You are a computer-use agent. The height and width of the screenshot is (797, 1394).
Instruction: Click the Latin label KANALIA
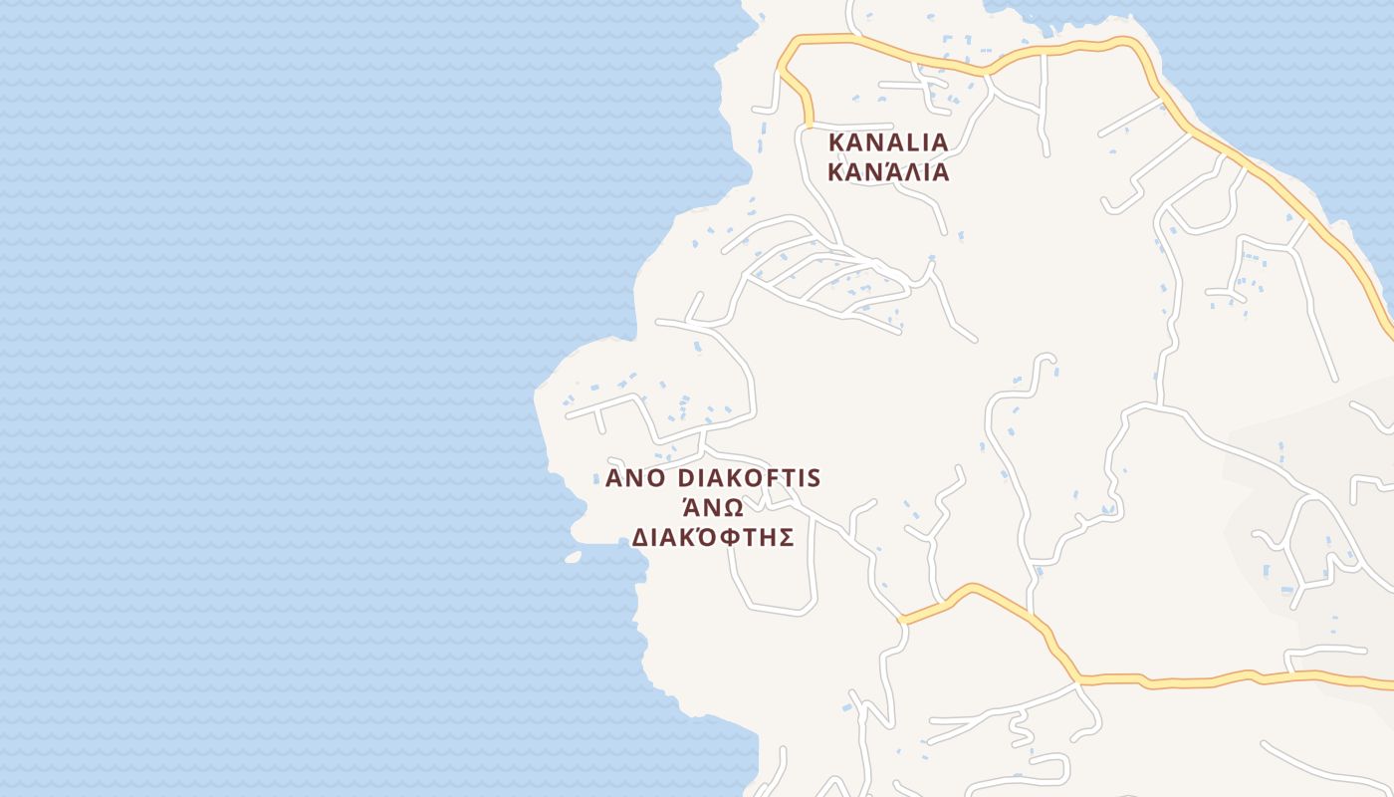[x=888, y=142]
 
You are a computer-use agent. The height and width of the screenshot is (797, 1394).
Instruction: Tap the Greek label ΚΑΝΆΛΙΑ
[x=888, y=172]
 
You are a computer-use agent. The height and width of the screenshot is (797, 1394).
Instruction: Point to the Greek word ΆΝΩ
[x=713, y=507]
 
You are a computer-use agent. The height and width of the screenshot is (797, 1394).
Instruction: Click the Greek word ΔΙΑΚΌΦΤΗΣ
[x=713, y=538]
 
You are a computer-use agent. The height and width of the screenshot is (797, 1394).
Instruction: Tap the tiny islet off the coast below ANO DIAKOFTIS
[x=573, y=557]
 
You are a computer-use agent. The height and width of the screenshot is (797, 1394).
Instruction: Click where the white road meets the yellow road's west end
[x=902, y=620]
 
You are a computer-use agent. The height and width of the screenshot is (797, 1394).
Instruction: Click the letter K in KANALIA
[x=836, y=142]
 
